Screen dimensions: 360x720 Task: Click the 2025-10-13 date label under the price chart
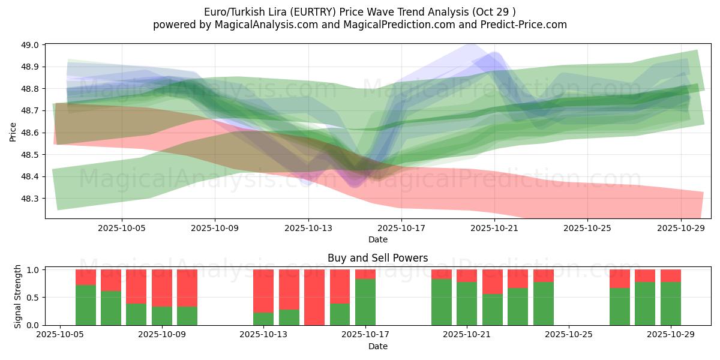308,228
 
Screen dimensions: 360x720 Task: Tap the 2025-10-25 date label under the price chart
587,228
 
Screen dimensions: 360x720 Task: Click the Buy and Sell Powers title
377,258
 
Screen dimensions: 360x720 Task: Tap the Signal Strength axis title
18,296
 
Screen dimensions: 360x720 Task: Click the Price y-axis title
13,131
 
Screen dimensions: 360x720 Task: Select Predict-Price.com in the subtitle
526,25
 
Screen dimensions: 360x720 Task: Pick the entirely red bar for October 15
314,297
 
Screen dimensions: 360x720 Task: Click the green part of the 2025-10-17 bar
365,302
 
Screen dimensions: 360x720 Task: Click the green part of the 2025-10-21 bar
467,304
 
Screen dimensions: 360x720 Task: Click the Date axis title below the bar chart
377,346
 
